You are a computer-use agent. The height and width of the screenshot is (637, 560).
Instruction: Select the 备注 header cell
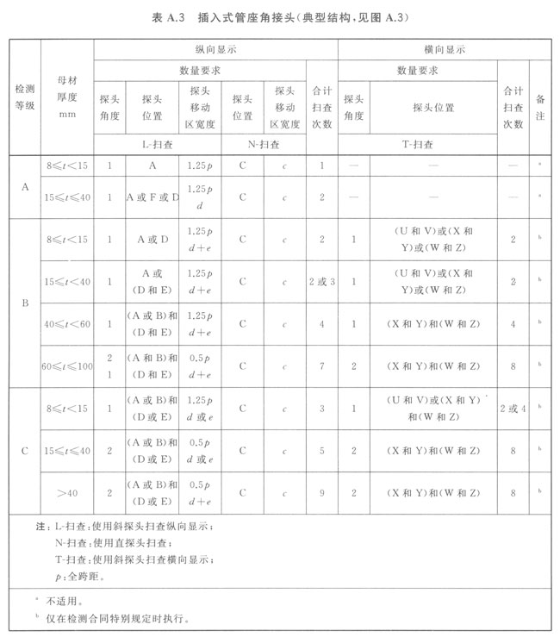tap(540, 107)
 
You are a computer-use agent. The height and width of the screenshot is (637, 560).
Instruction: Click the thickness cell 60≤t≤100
tap(67, 366)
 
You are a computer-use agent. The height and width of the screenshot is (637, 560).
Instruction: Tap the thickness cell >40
tap(67, 493)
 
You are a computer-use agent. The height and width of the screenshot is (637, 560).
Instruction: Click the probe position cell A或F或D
tap(152, 197)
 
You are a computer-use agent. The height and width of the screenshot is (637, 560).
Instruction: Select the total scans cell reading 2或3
tap(321, 282)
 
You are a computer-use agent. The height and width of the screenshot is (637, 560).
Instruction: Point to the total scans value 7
tap(321, 366)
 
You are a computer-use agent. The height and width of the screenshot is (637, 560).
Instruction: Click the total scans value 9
tap(321, 493)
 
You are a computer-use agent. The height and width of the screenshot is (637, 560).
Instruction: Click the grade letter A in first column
tap(24, 186)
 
